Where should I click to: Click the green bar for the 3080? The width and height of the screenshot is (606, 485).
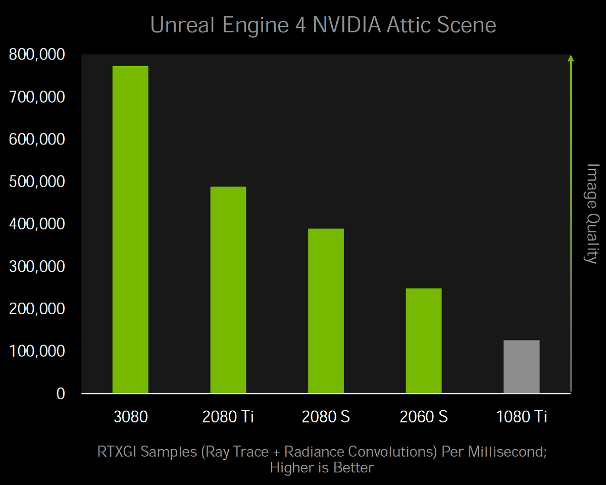(x=130, y=229)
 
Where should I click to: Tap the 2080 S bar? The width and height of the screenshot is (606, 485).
(x=326, y=311)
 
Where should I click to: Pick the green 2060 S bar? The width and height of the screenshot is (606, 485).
(x=424, y=341)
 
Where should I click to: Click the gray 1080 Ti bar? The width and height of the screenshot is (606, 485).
(x=522, y=366)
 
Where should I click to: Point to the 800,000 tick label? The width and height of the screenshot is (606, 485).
(x=37, y=54)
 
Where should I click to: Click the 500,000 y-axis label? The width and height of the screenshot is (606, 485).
(x=37, y=181)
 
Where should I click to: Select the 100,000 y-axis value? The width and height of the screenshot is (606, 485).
(x=37, y=351)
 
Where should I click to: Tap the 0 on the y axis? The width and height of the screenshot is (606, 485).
(x=61, y=394)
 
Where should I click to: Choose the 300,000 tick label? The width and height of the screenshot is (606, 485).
(x=37, y=266)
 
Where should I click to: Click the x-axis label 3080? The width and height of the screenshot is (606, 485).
(x=130, y=417)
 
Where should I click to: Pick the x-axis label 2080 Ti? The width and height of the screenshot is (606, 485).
(x=228, y=417)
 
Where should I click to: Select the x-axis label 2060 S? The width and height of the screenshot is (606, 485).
(x=424, y=417)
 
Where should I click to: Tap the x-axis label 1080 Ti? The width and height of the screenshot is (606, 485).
(x=522, y=417)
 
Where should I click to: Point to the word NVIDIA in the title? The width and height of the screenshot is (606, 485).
(x=347, y=25)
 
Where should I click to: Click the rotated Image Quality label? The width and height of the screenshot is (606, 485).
(x=591, y=213)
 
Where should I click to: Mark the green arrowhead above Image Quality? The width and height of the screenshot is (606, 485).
(x=571, y=58)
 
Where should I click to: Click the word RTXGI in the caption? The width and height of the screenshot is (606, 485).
(x=117, y=451)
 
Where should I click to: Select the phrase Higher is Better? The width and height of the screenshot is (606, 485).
(x=322, y=467)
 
